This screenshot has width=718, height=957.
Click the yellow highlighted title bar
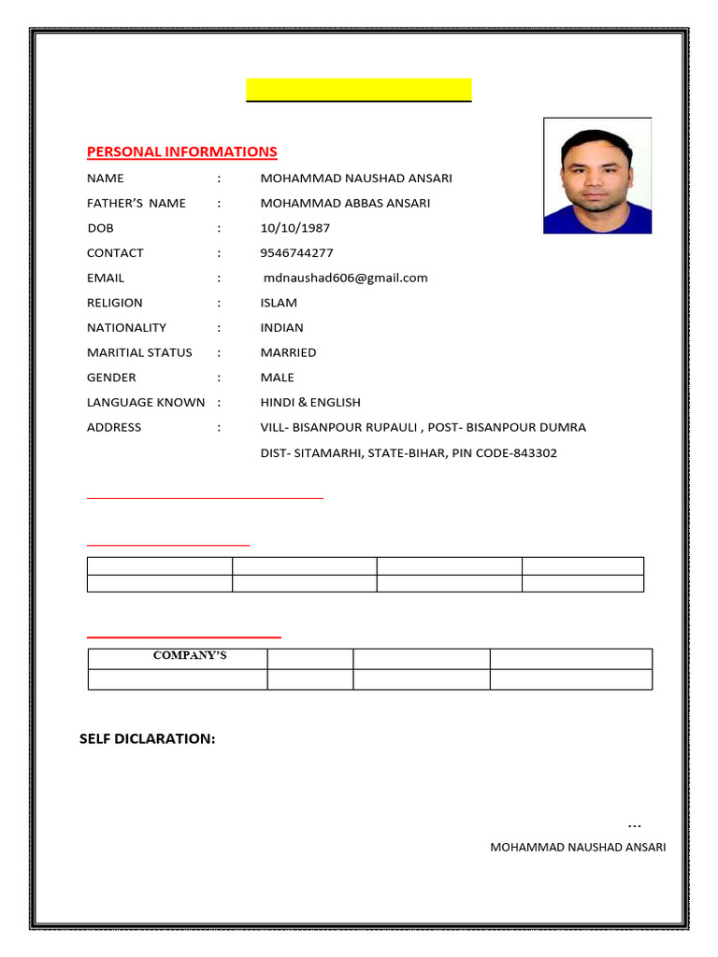[x=358, y=90]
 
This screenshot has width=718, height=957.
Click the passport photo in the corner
[x=597, y=176]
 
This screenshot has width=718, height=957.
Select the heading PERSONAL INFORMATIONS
[x=181, y=151]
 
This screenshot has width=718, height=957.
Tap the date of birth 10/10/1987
[x=294, y=228]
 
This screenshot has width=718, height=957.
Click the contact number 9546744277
[x=296, y=253]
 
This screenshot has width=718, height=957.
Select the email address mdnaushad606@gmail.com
[x=345, y=278]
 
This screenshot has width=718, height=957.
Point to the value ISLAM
[x=279, y=303]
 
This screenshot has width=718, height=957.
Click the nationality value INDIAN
[x=281, y=328]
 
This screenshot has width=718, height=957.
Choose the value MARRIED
[x=288, y=352]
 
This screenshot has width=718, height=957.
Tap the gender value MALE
[x=277, y=378]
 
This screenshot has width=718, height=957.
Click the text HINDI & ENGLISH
[x=309, y=403]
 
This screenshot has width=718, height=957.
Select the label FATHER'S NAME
[x=136, y=203]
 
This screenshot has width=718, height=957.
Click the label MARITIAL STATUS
[x=139, y=352]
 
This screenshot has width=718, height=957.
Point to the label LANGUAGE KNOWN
[x=146, y=403]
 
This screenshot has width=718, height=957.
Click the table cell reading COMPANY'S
[x=190, y=656]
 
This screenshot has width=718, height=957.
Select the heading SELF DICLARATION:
[x=148, y=739]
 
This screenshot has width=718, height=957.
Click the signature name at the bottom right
[x=578, y=848]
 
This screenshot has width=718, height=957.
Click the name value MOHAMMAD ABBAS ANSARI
[x=345, y=203]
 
